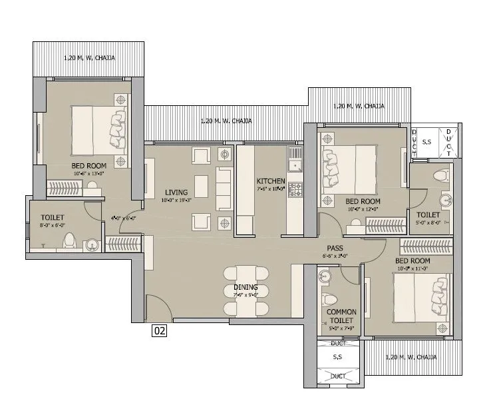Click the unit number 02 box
(159, 328)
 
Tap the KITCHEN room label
(271, 181)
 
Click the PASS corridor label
(335, 247)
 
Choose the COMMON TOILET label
(341, 316)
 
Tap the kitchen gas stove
(295, 189)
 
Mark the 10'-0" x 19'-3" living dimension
(177, 200)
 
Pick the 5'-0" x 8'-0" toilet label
(428, 223)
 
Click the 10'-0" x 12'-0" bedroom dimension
(363, 209)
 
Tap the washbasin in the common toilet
(324, 276)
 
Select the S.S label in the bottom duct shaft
(338, 358)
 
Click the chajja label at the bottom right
(411, 357)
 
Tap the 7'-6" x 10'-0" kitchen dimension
(271, 189)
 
